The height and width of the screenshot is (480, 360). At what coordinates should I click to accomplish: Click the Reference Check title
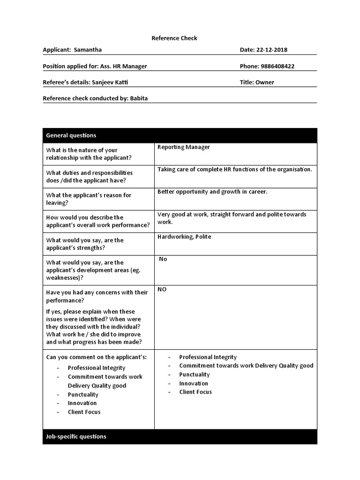tap(174, 38)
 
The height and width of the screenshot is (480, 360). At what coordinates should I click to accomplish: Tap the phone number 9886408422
tap(277, 66)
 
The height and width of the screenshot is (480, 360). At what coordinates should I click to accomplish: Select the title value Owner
tap(265, 82)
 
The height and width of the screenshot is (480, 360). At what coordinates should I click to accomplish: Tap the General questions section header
tap(71, 135)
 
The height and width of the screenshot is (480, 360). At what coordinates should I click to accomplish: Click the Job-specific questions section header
tap(76, 436)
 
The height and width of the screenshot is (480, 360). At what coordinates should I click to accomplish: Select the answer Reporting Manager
tap(184, 147)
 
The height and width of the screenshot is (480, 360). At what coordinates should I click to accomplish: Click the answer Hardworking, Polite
tap(184, 237)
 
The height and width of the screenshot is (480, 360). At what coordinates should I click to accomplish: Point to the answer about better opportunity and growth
tap(212, 192)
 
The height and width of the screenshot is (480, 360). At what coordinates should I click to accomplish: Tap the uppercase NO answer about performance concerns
tap(162, 289)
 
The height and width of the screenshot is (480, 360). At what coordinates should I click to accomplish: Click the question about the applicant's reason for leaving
tap(89, 199)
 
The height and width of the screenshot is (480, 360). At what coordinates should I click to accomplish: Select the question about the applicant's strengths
tap(85, 244)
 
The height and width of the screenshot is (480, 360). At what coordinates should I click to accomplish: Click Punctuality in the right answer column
tap(195, 375)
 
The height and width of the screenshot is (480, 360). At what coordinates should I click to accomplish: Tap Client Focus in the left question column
tap(84, 412)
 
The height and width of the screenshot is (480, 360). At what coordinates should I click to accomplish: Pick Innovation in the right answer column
tap(194, 383)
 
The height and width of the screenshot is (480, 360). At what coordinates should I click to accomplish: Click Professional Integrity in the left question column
tap(97, 368)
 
